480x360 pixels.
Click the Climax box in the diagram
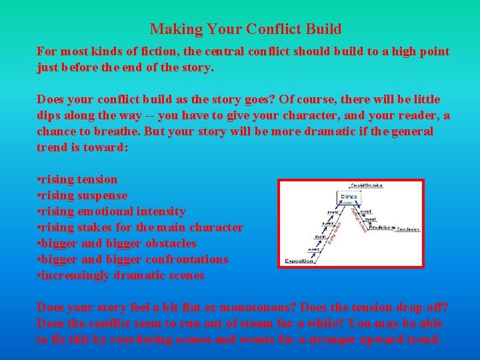tap(349, 197)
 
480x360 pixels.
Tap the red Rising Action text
tap(324, 233)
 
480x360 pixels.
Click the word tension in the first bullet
tap(97, 179)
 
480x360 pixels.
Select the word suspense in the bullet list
tap(103, 195)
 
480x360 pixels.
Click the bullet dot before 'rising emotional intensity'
tap(39, 211)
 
